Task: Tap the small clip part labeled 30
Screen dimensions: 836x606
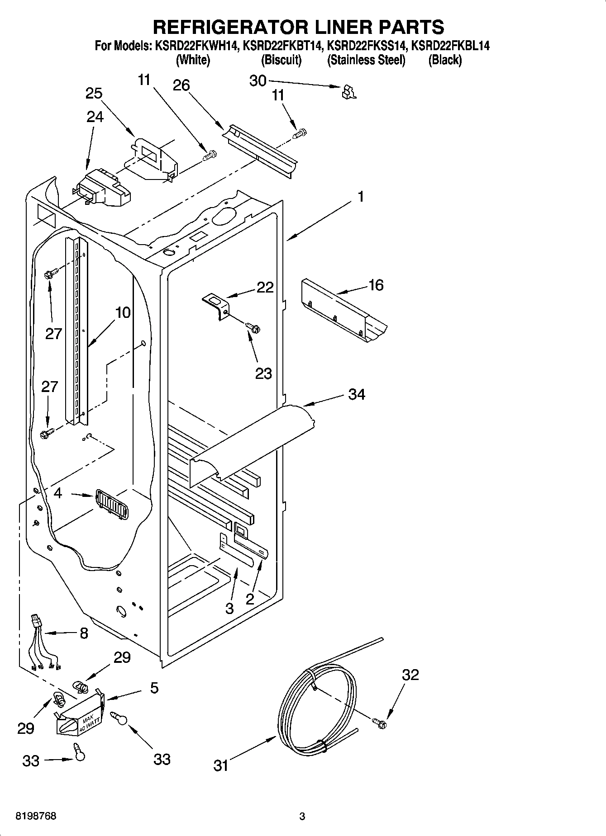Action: click(348, 92)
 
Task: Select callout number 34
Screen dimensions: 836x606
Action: click(357, 394)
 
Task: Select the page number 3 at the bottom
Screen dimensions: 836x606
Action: click(302, 817)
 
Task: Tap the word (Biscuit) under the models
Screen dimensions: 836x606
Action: click(281, 60)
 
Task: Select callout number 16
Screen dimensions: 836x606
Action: click(376, 285)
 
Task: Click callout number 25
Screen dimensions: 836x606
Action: click(94, 93)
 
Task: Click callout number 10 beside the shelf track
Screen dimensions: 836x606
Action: click(123, 312)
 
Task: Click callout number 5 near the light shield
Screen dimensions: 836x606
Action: click(154, 688)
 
